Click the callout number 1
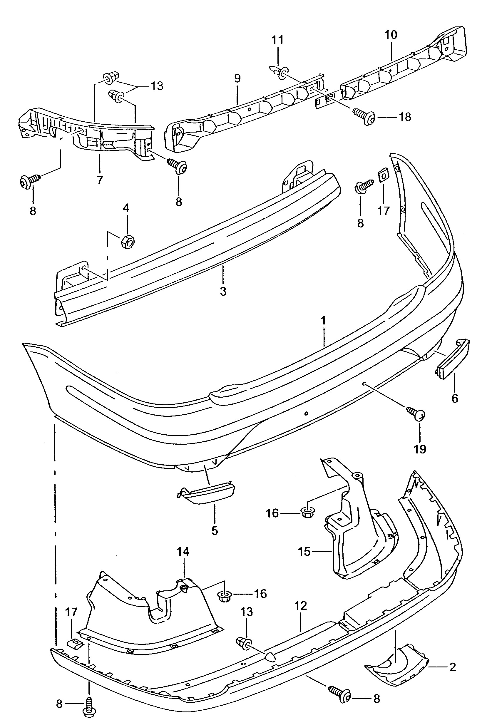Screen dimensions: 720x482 point(323,321)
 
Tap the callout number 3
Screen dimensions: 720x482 point(223,291)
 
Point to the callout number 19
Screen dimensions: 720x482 point(420,449)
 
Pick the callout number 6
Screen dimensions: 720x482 point(455,398)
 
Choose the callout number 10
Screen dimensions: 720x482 point(391,35)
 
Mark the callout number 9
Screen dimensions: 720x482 point(237,78)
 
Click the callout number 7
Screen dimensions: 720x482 point(100,180)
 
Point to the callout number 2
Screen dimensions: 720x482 point(452,667)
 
